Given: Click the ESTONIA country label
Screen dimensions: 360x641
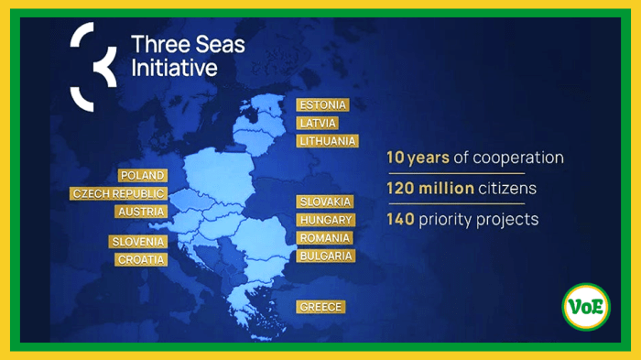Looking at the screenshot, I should coord(322,104).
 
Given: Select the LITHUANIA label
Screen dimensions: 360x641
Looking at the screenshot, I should coord(327,141).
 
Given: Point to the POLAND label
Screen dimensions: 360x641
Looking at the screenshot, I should coord(142,175).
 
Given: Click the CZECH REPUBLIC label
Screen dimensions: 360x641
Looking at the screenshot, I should coord(118,193).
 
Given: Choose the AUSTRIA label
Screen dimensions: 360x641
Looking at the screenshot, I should coord(141,212).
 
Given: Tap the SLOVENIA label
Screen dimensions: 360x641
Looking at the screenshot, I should coord(137,241).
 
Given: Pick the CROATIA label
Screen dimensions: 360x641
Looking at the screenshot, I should coord(141,259).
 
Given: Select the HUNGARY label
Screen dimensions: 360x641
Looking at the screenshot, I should coord(325,220).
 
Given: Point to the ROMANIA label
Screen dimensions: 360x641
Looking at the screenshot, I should coord(325,238).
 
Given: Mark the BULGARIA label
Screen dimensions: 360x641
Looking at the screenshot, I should coord(325,256).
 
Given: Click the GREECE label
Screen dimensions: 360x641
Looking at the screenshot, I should coord(320,307).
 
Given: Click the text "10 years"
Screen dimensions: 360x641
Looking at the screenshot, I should coord(417,158).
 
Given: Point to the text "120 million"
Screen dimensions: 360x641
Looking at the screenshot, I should coord(429,189).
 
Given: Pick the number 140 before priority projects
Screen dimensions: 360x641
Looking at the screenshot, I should coord(400,220).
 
